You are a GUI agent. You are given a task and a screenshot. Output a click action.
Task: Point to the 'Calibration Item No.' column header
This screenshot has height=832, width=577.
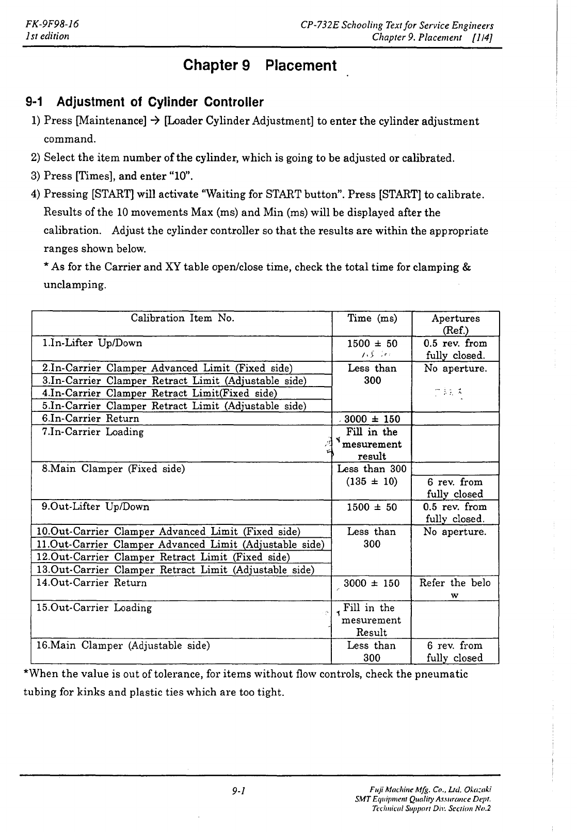(182, 318)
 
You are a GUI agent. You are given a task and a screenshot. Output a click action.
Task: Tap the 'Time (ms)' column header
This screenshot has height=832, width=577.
(372, 318)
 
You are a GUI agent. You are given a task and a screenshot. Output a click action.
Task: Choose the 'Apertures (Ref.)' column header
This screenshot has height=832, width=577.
(455, 324)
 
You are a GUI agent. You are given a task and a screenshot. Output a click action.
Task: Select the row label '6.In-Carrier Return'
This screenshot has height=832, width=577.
(91, 419)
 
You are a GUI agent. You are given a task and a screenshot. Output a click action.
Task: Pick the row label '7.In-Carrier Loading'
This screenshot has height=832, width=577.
(93, 431)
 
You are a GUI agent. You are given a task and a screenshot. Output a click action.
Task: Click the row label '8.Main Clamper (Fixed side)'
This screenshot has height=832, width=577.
(114, 469)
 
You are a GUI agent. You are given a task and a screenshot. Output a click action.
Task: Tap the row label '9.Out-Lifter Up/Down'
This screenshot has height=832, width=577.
(96, 506)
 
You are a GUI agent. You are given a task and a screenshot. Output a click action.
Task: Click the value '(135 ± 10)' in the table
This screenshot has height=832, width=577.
(372, 482)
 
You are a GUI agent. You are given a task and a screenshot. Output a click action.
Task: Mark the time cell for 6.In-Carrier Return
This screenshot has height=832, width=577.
(372, 419)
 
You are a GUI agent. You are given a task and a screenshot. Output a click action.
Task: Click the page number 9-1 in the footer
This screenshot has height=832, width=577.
(238, 790)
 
